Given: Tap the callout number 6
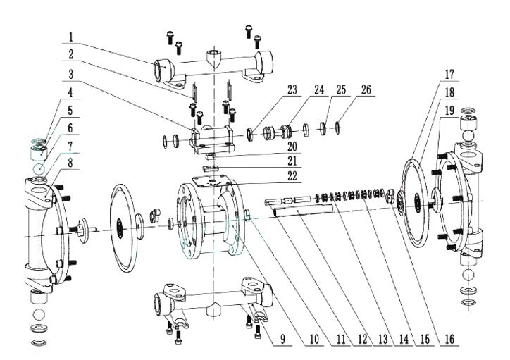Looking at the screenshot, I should pos(72,127).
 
